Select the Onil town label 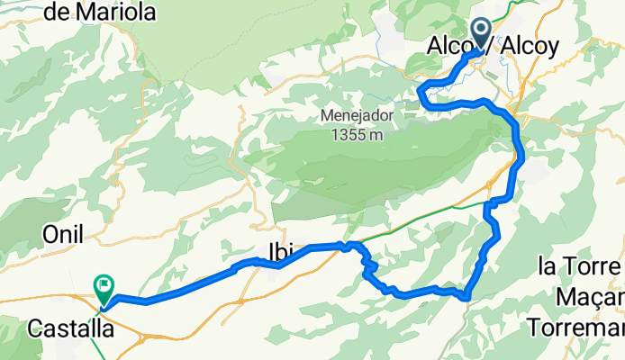[63, 234]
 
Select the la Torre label [580, 267]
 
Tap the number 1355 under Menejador [345, 134]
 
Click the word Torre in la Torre [593, 267]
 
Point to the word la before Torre [546, 267]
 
